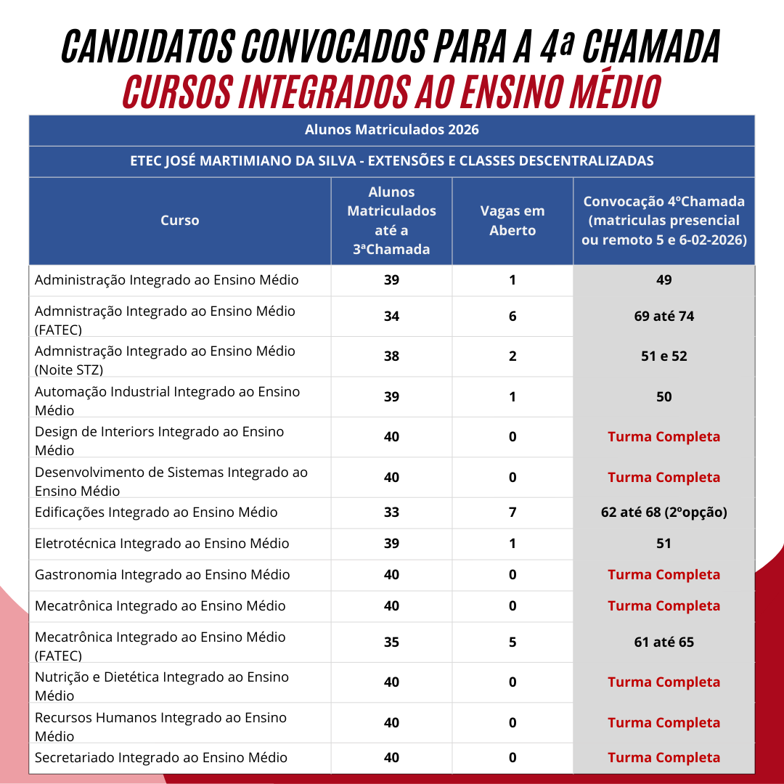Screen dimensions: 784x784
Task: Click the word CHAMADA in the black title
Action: [x=651, y=47]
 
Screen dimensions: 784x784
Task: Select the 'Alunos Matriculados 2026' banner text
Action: [x=391, y=130]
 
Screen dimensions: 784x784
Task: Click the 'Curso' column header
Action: [x=179, y=221]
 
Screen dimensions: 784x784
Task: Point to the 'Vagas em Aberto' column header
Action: [x=512, y=221]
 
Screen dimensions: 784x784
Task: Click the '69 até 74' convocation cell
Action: [x=663, y=317]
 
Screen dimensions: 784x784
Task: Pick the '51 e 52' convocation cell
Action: [x=663, y=356]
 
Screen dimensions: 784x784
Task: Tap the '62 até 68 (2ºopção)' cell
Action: [x=663, y=513]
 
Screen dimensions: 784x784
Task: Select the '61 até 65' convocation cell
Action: [x=663, y=642]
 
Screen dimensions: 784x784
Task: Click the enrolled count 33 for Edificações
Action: [x=391, y=513]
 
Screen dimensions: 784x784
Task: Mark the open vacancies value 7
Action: [x=513, y=513]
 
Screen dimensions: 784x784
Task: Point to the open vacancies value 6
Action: [x=513, y=317]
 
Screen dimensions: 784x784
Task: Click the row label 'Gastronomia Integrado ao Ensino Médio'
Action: [x=163, y=575]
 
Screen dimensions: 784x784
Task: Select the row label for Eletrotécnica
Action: [x=162, y=544]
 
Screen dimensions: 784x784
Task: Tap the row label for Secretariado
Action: [x=161, y=758]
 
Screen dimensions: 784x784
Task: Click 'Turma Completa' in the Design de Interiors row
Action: [x=663, y=437]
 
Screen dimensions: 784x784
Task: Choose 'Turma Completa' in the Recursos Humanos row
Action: [x=663, y=723]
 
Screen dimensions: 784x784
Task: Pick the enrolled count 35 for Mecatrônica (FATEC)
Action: [x=391, y=642]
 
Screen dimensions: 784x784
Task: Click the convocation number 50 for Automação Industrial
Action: [x=663, y=397]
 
